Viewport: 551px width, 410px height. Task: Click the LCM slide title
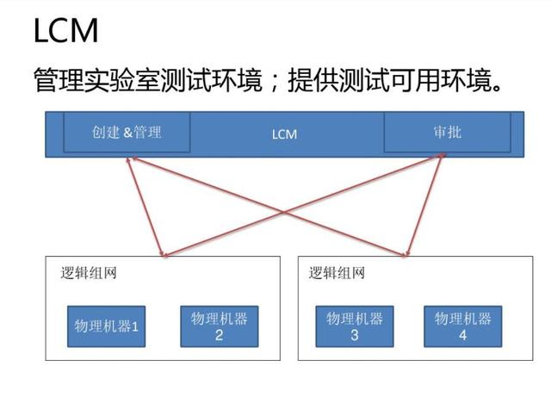[65, 31]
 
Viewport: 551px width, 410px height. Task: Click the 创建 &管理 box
[126, 134]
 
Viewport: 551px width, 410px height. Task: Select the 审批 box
[447, 133]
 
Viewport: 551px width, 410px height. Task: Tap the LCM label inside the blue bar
[284, 135]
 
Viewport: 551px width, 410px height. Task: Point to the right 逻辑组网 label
[337, 273]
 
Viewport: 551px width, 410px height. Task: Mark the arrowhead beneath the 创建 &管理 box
[129, 158]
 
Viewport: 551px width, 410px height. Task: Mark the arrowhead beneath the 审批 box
[443, 156]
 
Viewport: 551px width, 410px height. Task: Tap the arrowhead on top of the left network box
[164, 256]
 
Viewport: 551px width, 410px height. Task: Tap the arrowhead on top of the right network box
[406, 255]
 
